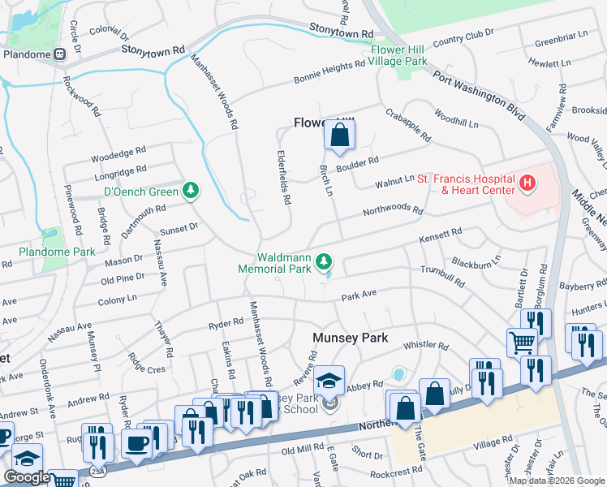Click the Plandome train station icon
pos(60,54)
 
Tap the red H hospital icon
pos(527,184)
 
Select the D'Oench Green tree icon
pos(191,191)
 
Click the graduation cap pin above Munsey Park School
pos(329,381)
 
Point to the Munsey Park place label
pos(351,337)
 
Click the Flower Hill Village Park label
pos(398,55)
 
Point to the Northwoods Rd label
pos(393,211)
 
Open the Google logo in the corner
pos(28,477)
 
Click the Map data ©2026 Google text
pos(557,481)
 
